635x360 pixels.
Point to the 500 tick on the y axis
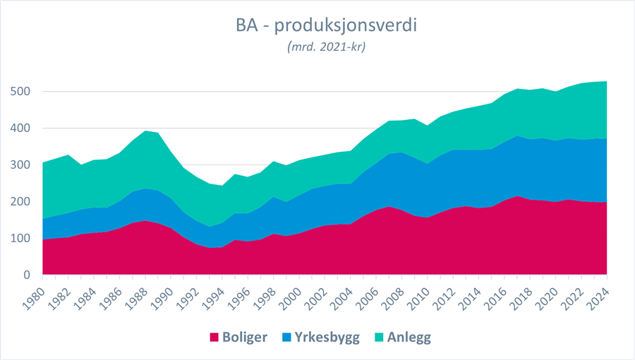tap(20, 92)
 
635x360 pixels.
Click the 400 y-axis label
tap(20, 128)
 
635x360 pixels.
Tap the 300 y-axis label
tap(20, 165)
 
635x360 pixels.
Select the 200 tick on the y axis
tap(20, 202)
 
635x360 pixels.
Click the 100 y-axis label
tap(20, 239)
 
